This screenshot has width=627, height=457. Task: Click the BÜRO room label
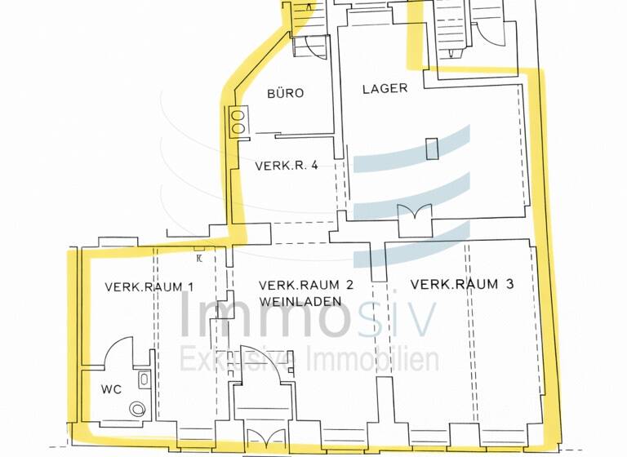pos(285,93)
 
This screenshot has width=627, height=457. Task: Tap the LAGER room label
pos(385,88)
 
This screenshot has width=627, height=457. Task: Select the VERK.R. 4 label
pos(286,166)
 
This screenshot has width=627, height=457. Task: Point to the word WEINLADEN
pos(294,301)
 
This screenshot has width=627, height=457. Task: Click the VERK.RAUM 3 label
pos(462,284)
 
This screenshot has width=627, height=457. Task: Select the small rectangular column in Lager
pos(432,148)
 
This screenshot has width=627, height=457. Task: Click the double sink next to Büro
pos(240,122)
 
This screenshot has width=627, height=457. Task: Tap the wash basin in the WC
pos(145,379)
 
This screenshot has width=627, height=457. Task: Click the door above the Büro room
pos(309,47)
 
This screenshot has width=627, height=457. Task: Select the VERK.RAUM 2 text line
pos(305,285)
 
